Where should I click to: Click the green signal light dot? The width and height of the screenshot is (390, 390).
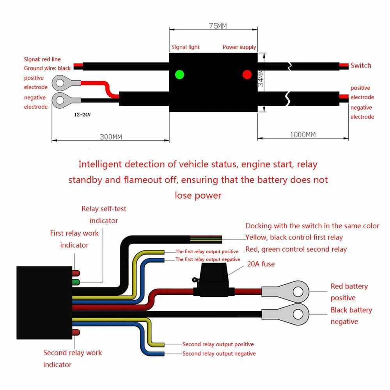[x=179, y=74]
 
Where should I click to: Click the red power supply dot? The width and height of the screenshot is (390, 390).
[x=247, y=74]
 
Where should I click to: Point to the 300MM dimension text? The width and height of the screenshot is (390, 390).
[x=110, y=137]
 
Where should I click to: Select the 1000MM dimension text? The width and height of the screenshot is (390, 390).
[x=303, y=135]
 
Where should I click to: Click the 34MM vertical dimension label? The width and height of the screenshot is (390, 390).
[x=261, y=79]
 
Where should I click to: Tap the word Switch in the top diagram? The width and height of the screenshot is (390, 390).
[x=361, y=66]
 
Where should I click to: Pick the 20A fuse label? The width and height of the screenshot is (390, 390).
[x=261, y=264]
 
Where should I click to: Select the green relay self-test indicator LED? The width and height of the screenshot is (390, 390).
[x=76, y=282]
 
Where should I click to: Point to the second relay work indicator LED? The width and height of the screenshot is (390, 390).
[x=76, y=332]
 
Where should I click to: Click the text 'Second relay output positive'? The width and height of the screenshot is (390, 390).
[x=218, y=344]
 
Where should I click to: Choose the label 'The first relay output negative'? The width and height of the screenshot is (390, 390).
[x=207, y=259]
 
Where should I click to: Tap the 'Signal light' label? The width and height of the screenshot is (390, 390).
[x=186, y=47]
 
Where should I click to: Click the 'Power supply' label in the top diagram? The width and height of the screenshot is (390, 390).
[x=239, y=47]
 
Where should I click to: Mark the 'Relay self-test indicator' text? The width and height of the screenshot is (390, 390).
[x=104, y=214]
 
